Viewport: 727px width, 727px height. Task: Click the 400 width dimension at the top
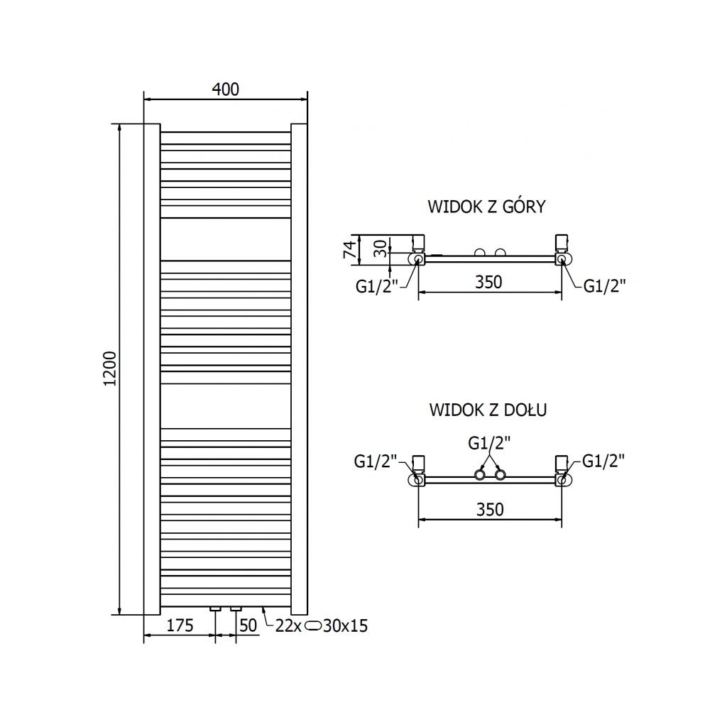[x=225, y=89]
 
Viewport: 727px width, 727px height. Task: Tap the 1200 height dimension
[x=110, y=369]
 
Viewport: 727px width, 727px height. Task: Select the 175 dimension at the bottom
[x=180, y=625]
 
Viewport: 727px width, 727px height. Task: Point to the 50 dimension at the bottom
[x=248, y=625]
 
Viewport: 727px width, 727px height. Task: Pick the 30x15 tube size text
[x=346, y=625]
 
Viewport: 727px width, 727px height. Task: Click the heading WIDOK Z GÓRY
[x=486, y=207]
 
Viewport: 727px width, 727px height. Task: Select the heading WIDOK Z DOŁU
[x=488, y=410]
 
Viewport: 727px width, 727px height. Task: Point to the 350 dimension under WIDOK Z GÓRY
[x=488, y=282]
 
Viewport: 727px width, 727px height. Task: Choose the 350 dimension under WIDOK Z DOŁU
[x=490, y=509]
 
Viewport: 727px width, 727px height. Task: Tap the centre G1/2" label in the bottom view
[x=490, y=443]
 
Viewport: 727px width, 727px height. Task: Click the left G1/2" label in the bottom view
[x=375, y=461]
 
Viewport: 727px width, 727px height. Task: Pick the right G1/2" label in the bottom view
[x=603, y=461]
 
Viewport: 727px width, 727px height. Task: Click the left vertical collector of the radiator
[x=152, y=369]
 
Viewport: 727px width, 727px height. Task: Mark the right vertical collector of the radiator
[x=299, y=369]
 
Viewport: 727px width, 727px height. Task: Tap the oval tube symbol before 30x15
[x=312, y=625]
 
